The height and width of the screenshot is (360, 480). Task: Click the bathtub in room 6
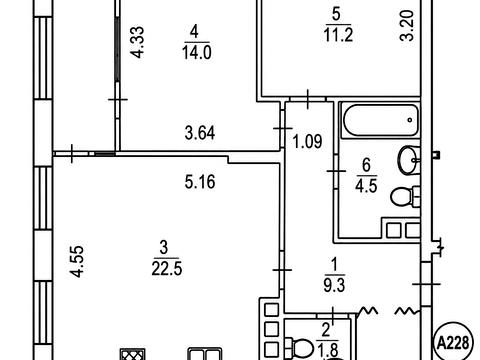click(x=380, y=120)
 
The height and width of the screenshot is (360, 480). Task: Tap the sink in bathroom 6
click(x=409, y=160)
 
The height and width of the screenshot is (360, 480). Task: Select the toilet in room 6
click(x=405, y=197)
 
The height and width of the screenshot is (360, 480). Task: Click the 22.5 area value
click(x=167, y=269)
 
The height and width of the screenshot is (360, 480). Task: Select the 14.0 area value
click(x=197, y=53)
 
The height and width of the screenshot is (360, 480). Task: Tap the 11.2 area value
click(x=338, y=35)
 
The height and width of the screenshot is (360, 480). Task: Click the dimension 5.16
click(x=200, y=182)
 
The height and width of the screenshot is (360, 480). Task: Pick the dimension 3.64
click(x=200, y=133)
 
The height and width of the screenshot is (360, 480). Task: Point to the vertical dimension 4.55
click(x=77, y=262)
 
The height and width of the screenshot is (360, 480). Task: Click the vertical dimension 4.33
click(x=137, y=42)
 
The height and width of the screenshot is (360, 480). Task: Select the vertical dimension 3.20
click(x=407, y=26)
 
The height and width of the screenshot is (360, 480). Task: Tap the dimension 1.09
click(x=307, y=141)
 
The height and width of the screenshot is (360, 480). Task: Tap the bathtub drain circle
click(x=410, y=120)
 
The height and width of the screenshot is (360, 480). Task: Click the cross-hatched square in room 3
click(x=133, y=354)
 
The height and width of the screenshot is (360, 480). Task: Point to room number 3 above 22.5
click(x=164, y=248)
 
